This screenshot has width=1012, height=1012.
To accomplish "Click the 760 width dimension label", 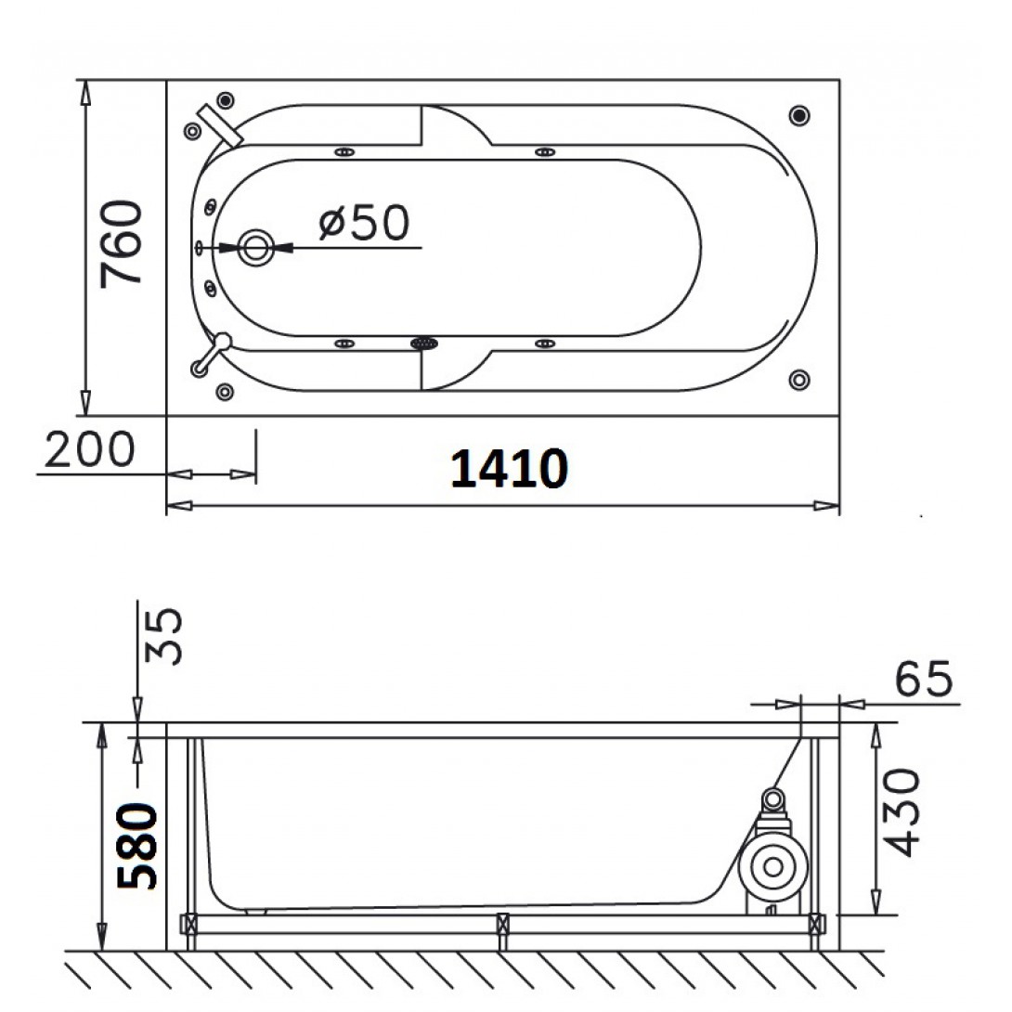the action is pyautogui.click(x=121, y=244).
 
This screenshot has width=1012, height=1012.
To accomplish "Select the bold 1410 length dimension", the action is pyautogui.click(x=509, y=468).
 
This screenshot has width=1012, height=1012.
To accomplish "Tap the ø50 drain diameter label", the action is pyautogui.click(x=364, y=223).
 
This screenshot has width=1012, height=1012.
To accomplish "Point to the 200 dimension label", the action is pyautogui.click(x=90, y=449).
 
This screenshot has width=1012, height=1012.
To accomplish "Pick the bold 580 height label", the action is pyautogui.click(x=136, y=846).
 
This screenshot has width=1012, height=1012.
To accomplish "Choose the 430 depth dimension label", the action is pyautogui.click(x=900, y=812).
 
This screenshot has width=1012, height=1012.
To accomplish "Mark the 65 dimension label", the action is pyautogui.click(x=924, y=679).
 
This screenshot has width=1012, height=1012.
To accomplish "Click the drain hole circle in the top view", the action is pyautogui.click(x=256, y=247).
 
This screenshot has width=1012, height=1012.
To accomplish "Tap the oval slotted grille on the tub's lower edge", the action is pyautogui.click(x=424, y=344).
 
